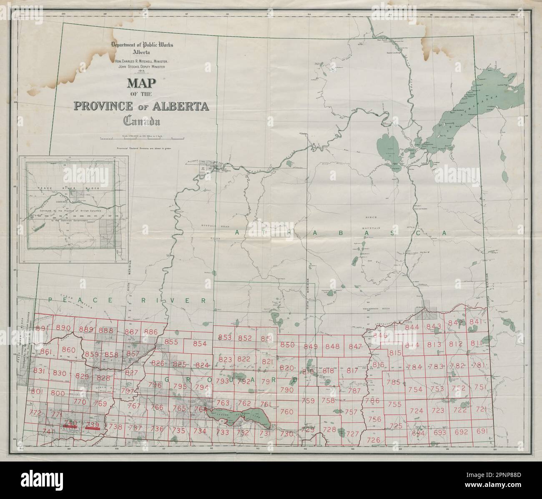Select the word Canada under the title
coord(141,120)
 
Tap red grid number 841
coord(475,322)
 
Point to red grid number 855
coord(171,342)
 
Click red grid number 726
coord(373,440)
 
